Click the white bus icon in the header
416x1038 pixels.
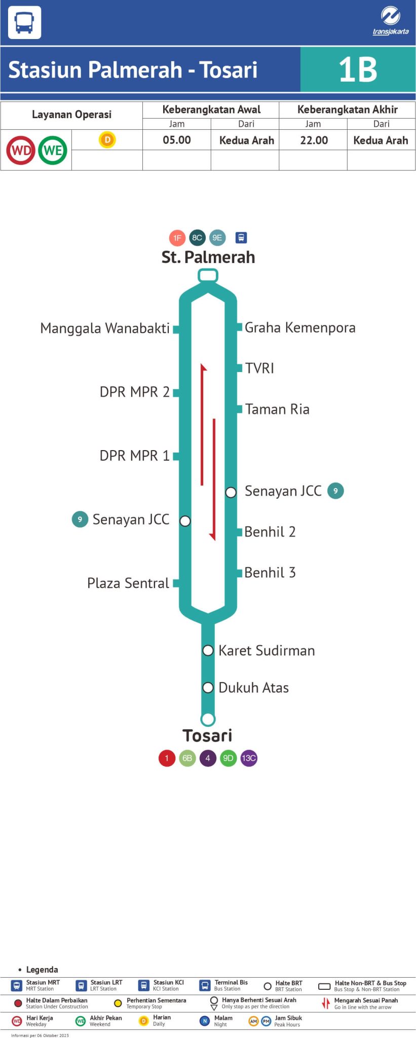point(24,23)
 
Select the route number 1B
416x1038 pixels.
point(358,69)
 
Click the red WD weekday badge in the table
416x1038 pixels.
point(21,150)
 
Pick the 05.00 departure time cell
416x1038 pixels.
point(177,140)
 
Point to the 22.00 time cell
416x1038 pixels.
point(314,140)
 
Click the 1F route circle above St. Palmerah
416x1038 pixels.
point(177,238)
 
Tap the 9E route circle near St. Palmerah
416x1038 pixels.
point(217,237)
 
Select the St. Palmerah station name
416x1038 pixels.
point(208,257)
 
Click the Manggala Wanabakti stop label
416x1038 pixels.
point(105,328)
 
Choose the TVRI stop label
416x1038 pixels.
point(259,368)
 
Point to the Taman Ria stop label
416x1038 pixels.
point(277,410)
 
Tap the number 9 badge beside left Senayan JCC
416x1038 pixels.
point(80,520)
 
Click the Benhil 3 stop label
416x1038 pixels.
point(270,573)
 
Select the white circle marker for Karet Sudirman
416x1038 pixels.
point(208,650)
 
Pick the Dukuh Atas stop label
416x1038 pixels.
point(253,688)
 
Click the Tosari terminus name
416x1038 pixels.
point(207,735)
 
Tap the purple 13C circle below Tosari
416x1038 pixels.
point(249,758)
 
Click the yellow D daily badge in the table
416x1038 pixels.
point(107,139)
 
